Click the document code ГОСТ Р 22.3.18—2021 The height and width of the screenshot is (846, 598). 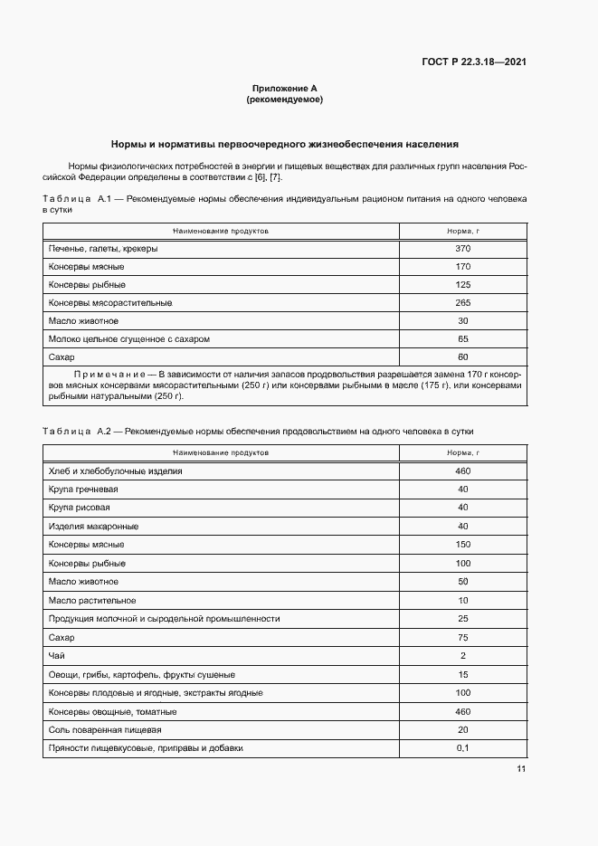(x=474, y=62)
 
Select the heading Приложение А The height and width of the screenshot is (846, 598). (x=284, y=89)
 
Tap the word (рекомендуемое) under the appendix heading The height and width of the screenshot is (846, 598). (x=284, y=100)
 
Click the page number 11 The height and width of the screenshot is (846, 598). (x=521, y=769)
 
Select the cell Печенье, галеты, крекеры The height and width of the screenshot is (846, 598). (x=103, y=249)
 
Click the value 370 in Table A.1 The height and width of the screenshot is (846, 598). (x=463, y=249)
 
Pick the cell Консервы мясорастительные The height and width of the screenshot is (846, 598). (x=110, y=303)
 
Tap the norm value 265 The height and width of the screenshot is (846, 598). (x=463, y=303)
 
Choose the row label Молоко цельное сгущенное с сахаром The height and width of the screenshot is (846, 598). (x=129, y=339)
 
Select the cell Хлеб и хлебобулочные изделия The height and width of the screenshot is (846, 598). (x=116, y=471)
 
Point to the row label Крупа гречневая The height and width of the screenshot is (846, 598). (x=83, y=490)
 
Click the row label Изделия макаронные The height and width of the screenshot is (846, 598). (x=93, y=527)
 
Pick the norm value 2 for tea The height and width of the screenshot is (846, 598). (x=463, y=655)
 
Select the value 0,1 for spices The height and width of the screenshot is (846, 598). (x=463, y=748)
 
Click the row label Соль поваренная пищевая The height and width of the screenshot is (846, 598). (x=105, y=729)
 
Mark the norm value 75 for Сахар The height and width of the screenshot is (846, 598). (x=463, y=637)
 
